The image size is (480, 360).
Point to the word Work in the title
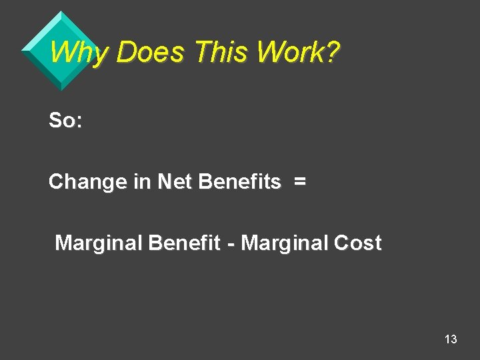click(290, 51)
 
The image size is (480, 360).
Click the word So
click(62, 121)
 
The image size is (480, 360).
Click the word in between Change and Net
click(142, 182)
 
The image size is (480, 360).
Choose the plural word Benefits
click(240, 182)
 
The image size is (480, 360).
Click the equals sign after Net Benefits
click(300, 182)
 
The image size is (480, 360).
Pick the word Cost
click(357, 243)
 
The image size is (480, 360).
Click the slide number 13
click(451, 339)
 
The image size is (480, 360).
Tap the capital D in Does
click(125, 51)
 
